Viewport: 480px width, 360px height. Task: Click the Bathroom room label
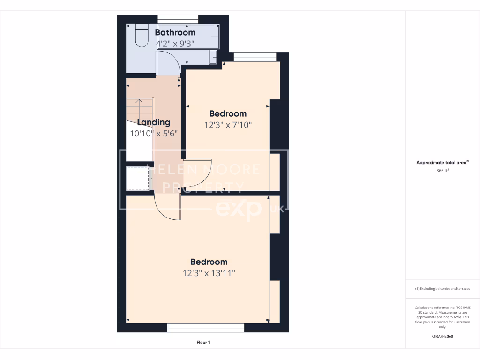(175, 33)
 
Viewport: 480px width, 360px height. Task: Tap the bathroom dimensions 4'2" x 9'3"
(175, 43)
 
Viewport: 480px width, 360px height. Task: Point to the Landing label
(153, 122)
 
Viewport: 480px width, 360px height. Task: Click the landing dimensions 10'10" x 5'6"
(153, 133)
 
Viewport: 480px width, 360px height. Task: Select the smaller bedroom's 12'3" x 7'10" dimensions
(228, 125)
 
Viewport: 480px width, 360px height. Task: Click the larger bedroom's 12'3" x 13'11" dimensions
(209, 273)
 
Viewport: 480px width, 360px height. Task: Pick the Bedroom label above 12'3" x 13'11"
(209, 262)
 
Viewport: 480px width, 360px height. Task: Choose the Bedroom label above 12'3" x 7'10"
(228, 113)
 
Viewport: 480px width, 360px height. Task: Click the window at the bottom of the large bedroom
(206, 328)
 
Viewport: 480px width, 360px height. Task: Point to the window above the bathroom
(178, 19)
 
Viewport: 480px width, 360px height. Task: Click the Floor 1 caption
(203, 343)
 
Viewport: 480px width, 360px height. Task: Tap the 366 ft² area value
(442, 171)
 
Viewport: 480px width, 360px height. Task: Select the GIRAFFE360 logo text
(442, 336)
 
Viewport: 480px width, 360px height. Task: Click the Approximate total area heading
(442, 163)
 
